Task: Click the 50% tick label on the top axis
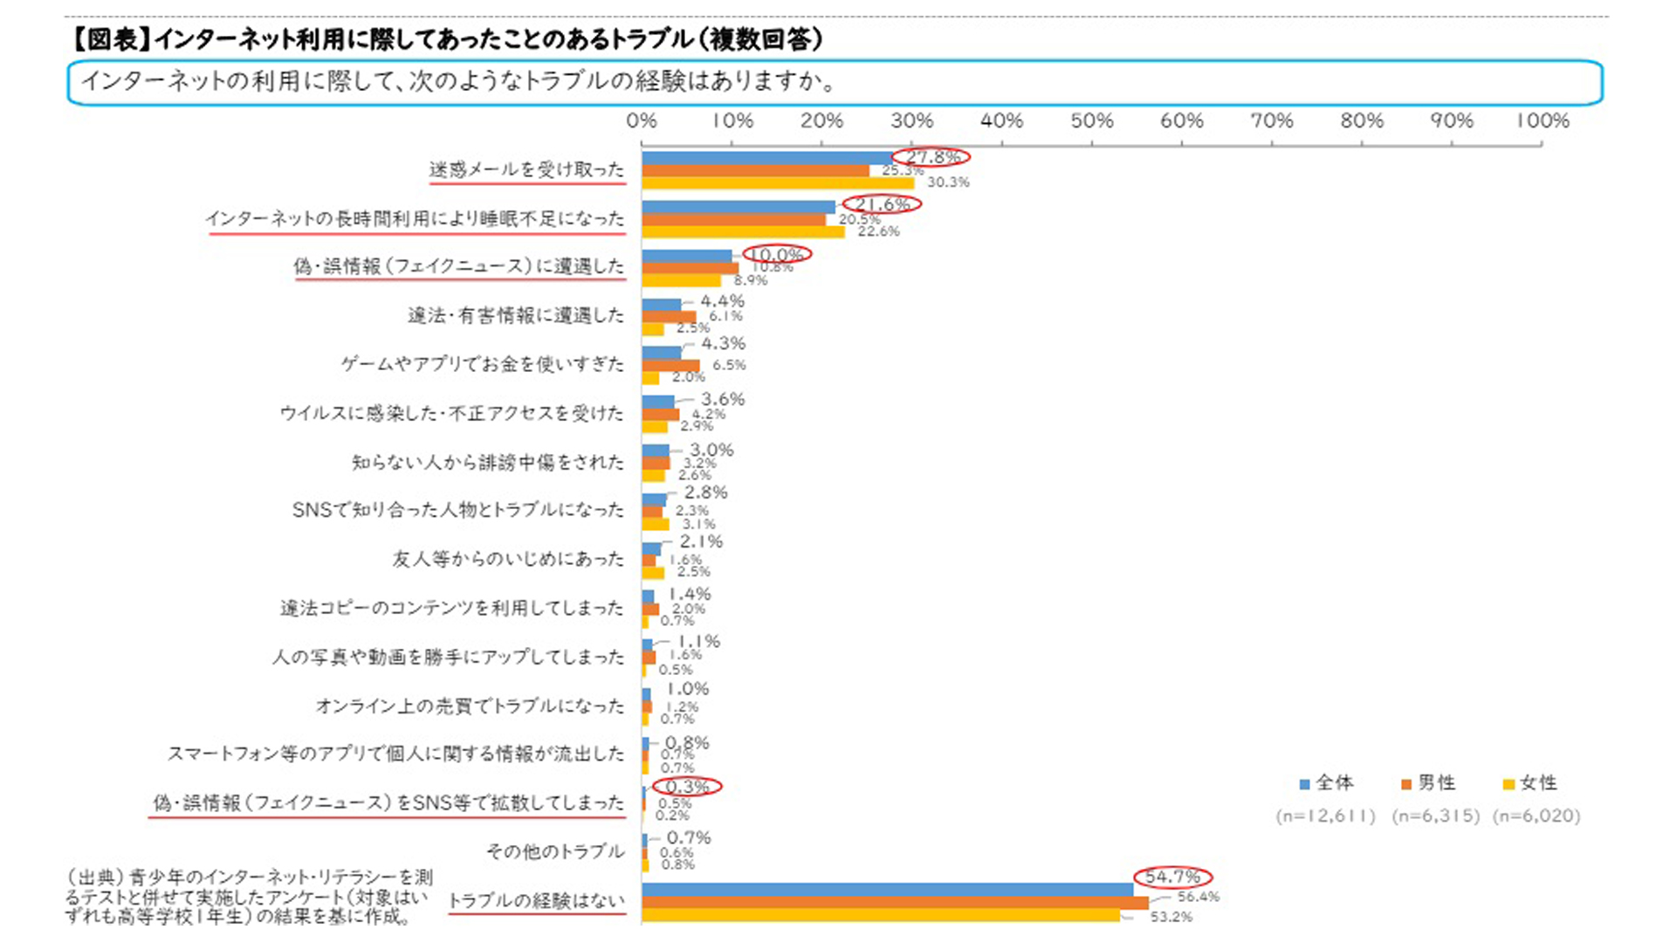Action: (x=1092, y=120)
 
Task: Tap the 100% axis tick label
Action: (x=1542, y=120)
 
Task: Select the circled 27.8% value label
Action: (x=932, y=157)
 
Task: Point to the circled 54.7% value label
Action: (x=1172, y=877)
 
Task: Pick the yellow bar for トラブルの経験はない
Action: (x=880, y=915)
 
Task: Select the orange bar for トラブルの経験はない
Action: (x=895, y=903)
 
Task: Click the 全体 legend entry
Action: (x=1327, y=783)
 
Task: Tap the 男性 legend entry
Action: (x=1429, y=783)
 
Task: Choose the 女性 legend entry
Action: (x=1530, y=783)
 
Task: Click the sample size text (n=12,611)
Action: (x=1325, y=816)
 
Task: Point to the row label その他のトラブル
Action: (x=555, y=851)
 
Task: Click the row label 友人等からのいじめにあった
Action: (x=508, y=559)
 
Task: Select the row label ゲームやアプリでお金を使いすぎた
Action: (x=483, y=364)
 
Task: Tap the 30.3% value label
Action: (x=948, y=182)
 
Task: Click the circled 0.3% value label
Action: (x=687, y=787)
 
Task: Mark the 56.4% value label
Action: (x=1198, y=897)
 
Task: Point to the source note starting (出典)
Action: (x=249, y=896)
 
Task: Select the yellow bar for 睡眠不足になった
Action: (x=743, y=231)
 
